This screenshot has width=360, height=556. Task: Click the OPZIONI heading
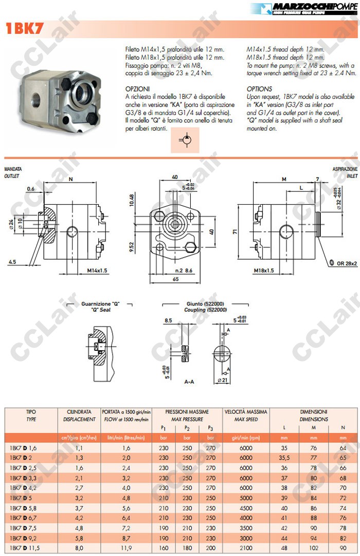[137, 88]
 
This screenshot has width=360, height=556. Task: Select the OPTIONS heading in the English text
[259, 88]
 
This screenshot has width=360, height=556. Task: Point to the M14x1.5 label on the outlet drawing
[97, 270]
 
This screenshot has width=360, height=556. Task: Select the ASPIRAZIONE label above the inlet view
[345, 169]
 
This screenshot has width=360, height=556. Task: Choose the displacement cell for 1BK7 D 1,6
[79, 448]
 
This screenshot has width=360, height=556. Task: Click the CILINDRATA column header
[79, 412]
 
